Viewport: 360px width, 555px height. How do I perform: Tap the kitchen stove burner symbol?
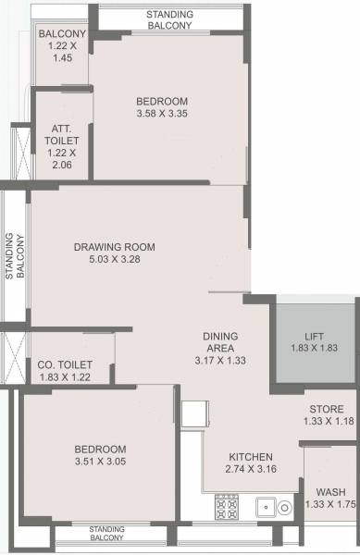tap(227, 505)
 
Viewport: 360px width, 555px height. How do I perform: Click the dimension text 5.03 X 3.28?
tap(115, 259)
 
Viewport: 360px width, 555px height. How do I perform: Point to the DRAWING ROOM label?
tap(115, 247)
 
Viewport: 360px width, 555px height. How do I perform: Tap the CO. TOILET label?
tap(67, 364)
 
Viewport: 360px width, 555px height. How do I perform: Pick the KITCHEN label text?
tap(251, 457)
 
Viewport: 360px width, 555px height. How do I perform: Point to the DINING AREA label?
tap(221, 341)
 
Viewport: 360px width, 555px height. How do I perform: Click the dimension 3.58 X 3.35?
tap(162, 114)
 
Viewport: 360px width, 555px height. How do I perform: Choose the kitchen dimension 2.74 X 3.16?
tap(251, 469)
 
